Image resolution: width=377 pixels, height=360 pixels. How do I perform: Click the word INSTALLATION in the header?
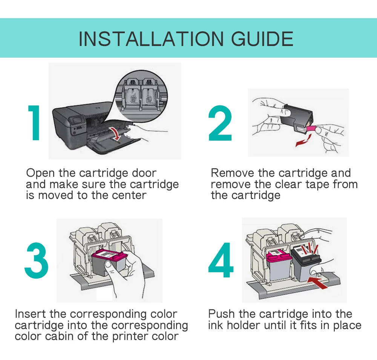pyautogui.click(x=151, y=39)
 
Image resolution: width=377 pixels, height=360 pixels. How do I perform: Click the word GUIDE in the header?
pyautogui.click(x=262, y=39)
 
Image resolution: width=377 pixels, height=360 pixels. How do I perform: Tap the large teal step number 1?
pyautogui.click(x=34, y=123)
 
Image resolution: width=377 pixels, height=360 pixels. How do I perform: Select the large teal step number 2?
pyautogui.click(x=220, y=123)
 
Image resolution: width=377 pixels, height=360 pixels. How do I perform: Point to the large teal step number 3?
pyautogui.click(x=36, y=260)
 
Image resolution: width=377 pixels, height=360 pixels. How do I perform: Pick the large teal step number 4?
pyautogui.click(x=221, y=260)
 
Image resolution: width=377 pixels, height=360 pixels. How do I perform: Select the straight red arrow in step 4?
pyautogui.click(x=317, y=282)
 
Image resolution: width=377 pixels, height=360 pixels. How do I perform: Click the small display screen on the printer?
pyautogui.click(x=76, y=120)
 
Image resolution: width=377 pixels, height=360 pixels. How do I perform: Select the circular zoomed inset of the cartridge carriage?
pyautogui.click(x=141, y=96)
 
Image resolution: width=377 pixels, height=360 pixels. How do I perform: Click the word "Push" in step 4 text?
pyautogui.click(x=221, y=314)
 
